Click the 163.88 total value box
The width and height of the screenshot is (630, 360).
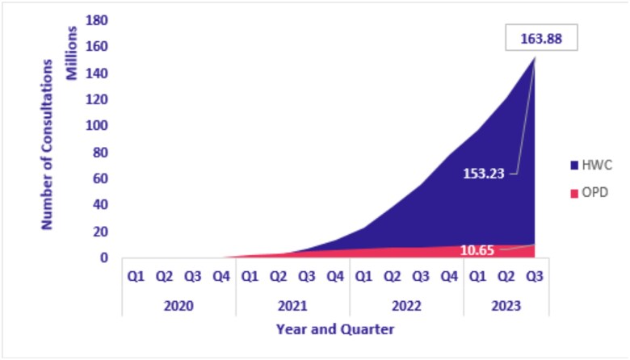540,38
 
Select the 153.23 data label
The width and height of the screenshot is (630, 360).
484,173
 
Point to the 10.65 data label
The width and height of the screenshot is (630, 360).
477,251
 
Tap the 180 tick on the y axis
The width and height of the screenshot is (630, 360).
97,19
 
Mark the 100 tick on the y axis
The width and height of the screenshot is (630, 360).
97,126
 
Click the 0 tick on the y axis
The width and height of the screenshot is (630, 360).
104,258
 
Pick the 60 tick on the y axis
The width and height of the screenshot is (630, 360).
100,179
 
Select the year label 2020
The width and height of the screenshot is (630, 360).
178,307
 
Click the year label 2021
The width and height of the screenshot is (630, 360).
292,307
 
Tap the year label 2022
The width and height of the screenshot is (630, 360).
406,307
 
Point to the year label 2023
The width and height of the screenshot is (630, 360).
506,307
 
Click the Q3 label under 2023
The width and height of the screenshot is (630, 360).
535,276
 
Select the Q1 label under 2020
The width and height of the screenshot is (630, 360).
136,276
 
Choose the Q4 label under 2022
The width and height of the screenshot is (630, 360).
450,276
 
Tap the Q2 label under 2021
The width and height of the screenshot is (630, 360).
279,276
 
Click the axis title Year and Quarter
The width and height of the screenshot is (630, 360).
335,329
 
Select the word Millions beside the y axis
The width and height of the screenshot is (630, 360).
72,56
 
